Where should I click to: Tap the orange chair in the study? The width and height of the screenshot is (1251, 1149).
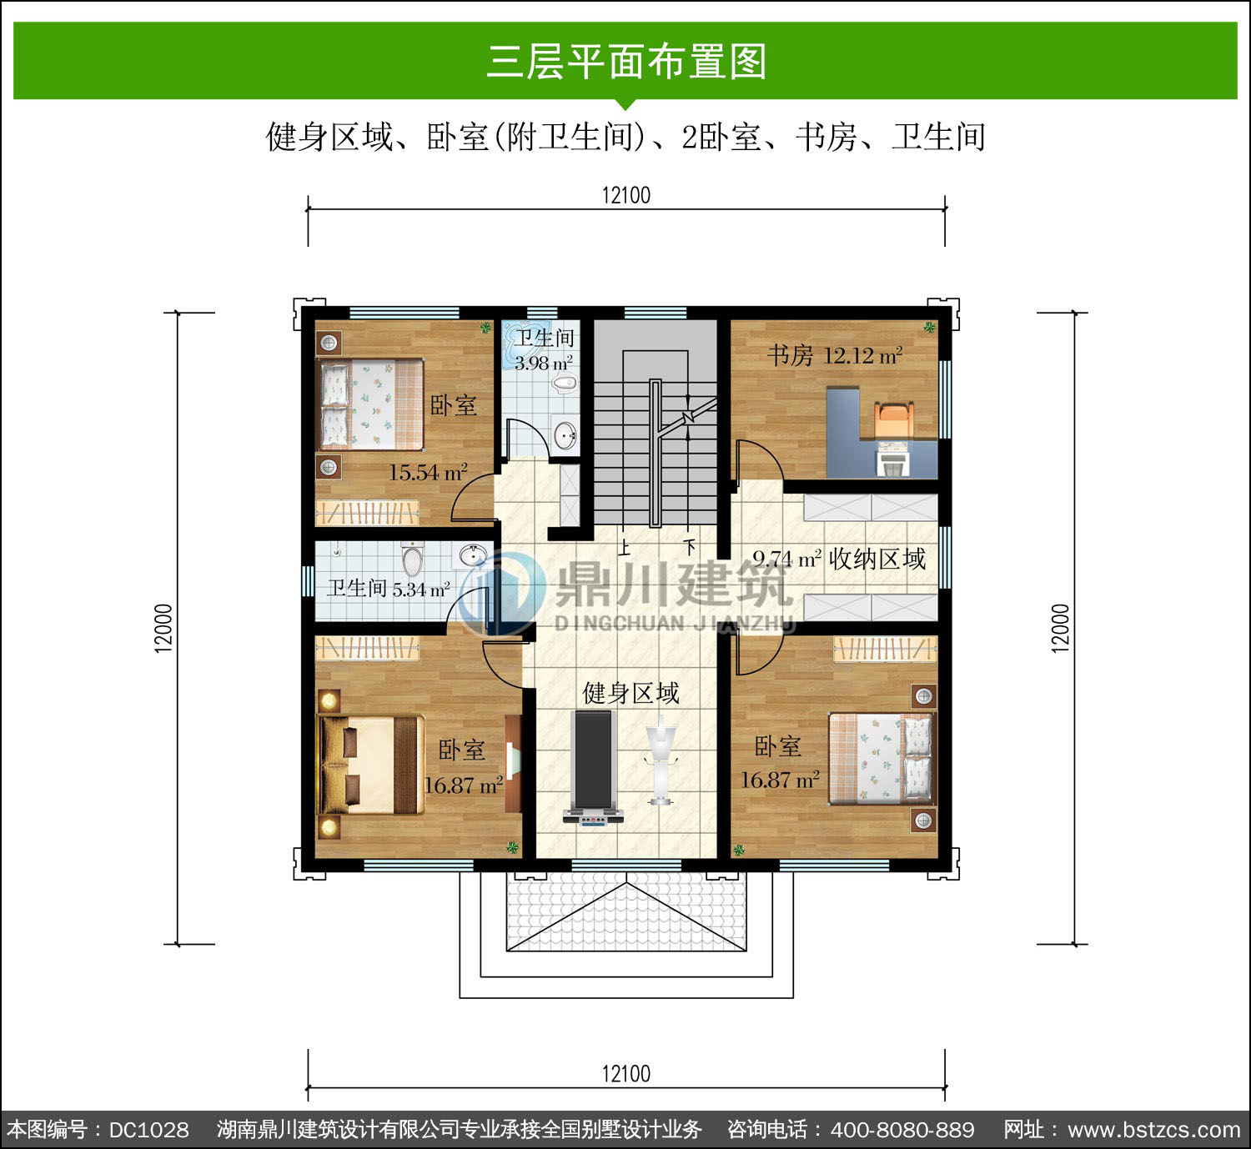[894, 419]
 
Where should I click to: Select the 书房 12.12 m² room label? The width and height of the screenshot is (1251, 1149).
[834, 355]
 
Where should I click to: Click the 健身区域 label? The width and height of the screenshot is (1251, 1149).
[631, 693]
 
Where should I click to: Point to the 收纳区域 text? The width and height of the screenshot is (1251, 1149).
[877, 559]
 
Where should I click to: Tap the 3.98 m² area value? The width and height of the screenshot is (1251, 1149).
[544, 363]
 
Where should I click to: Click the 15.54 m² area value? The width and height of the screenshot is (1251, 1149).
[428, 472]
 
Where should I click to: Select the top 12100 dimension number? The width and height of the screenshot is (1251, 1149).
[626, 195]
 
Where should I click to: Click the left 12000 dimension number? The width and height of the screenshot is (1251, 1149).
[163, 628]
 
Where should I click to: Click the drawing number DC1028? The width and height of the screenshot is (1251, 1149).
[149, 1130]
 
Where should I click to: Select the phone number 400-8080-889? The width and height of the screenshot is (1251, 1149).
[902, 1130]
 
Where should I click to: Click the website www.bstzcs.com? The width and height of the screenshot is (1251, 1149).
[1154, 1130]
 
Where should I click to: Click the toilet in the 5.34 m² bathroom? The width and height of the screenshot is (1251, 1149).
[412, 558]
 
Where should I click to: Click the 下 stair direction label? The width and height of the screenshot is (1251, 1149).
[689, 546]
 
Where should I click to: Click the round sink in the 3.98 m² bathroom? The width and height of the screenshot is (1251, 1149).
[565, 434]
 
